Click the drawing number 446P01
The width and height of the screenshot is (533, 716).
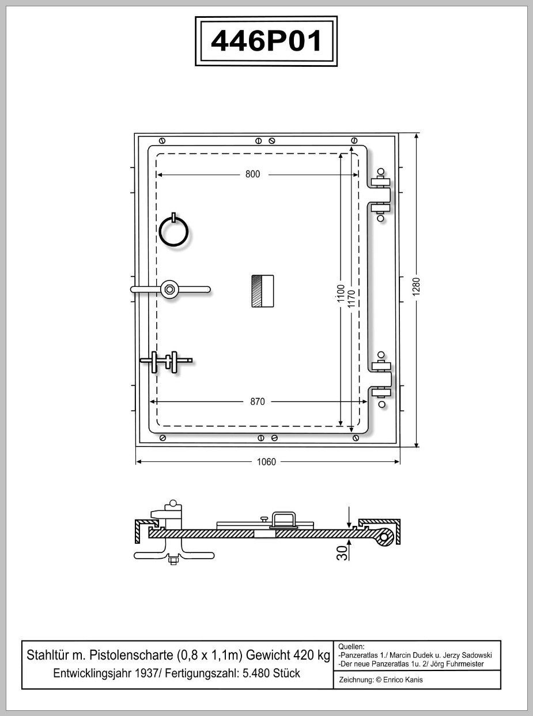coord(266,41)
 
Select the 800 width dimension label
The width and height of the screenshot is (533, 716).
coord(252,175)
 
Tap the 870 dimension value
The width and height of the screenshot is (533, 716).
coord(258,401)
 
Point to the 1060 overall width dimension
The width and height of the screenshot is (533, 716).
coord(266,462)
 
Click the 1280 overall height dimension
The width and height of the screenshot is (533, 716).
coord(416,286)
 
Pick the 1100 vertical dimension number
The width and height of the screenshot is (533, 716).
coord(341,293)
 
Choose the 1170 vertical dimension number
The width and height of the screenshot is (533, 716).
coord(351,298)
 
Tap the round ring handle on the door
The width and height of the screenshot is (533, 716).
coord(174,231)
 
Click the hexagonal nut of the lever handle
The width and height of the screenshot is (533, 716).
coord(169,289)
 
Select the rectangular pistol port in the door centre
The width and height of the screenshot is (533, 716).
coord(263,291)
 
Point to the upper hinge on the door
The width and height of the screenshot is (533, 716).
coord(380,195)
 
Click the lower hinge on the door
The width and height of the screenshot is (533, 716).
coord(381,380)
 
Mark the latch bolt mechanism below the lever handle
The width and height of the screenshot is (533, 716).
coord(166,362)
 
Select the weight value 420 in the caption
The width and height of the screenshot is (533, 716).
coord(303,656)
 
